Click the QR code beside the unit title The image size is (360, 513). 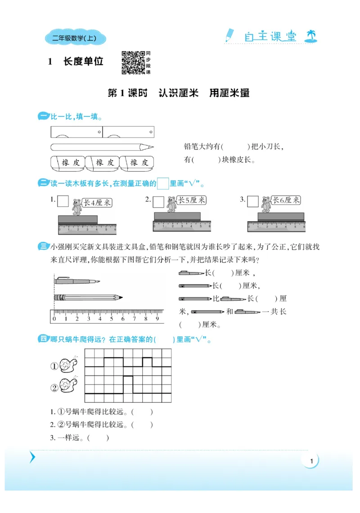[x=133, y=62]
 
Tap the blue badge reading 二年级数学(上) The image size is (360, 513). [x=76, y=39]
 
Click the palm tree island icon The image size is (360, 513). [x=310, y=36]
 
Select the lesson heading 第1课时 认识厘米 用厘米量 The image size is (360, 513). [x=179, y=93]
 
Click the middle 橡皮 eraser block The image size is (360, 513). [x=102, y=163]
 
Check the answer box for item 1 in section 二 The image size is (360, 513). [x=63, y=201]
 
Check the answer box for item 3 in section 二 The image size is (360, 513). [x=253, y=201]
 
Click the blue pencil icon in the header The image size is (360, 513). [x=229, y=36]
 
